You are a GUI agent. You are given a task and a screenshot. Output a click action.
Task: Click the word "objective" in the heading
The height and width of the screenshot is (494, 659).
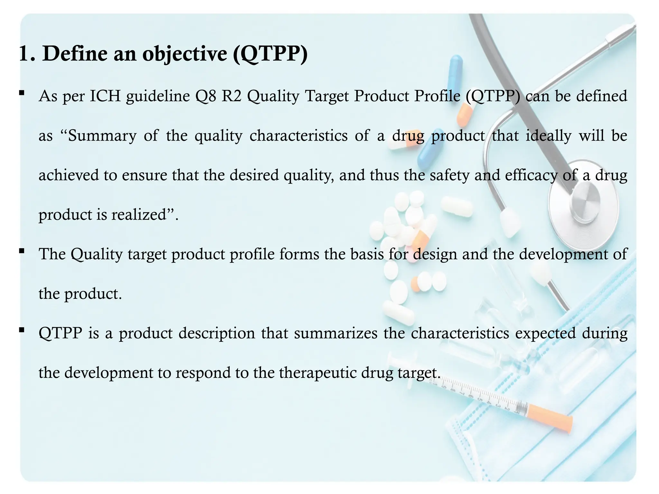(x=185, y=54)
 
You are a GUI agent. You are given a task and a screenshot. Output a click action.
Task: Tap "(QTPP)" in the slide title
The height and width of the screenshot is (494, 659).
(x=270, y=54)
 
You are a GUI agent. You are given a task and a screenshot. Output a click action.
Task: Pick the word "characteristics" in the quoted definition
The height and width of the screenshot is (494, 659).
(x=299, y=136)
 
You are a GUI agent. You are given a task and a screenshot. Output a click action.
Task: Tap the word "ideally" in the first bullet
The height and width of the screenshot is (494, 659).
(x=548, y=136)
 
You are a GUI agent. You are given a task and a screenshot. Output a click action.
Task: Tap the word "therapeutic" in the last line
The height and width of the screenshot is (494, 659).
(x=317, y=373)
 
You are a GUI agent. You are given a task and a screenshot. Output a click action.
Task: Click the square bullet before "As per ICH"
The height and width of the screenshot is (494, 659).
(x=22, y=93)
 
